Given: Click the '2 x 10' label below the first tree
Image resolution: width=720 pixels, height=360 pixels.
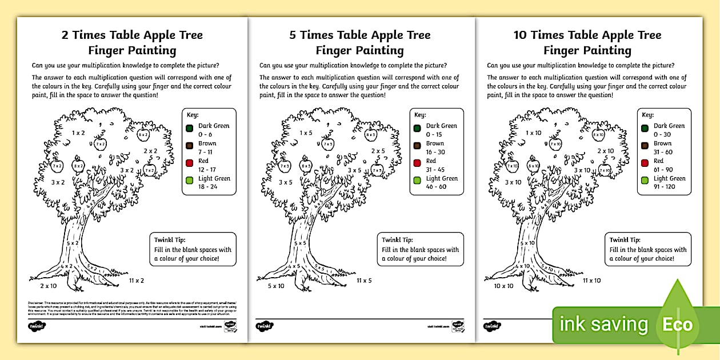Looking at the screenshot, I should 49,285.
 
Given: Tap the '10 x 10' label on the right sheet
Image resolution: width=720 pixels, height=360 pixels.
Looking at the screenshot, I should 503,286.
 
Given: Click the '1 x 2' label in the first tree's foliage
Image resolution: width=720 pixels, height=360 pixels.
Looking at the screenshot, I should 79,133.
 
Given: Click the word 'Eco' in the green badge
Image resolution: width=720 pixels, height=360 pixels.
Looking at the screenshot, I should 677,325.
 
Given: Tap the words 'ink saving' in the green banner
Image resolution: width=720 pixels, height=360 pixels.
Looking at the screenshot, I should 603,325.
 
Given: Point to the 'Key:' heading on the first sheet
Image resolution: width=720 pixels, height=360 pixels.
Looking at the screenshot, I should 192,115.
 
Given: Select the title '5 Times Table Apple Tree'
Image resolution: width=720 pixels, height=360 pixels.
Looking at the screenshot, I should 360,35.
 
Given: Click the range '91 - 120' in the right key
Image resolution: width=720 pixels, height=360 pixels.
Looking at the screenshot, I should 665,187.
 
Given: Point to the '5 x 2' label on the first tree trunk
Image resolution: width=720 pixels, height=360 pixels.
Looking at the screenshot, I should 72,243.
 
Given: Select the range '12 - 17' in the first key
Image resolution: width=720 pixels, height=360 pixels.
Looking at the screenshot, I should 207,169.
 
